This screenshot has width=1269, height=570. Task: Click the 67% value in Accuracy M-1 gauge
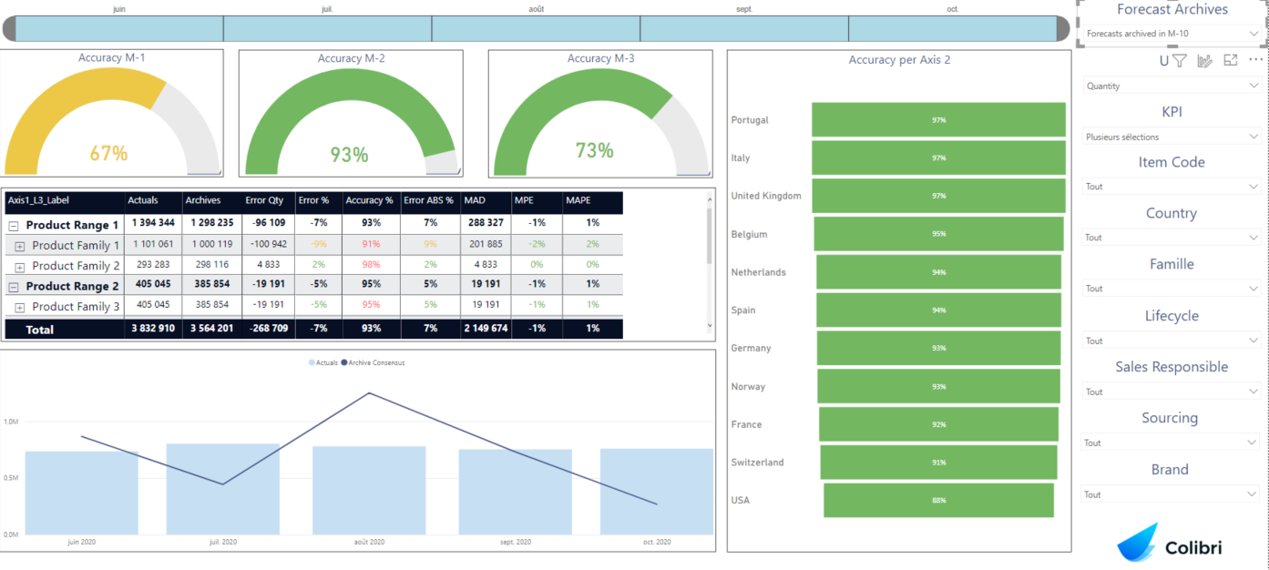click(108, 154)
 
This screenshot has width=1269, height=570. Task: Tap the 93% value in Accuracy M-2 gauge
click(348, 155)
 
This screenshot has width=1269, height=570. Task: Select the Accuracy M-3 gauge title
click(600, 58)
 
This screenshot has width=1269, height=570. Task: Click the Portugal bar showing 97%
click(938, 120)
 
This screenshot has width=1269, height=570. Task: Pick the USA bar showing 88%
click(938, 501)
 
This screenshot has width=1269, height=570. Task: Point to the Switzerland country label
click(757, 463)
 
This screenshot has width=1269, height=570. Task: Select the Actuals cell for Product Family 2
click(153, 265)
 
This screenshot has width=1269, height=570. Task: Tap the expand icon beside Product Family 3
click(20, 307)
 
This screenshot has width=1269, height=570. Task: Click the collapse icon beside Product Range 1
click(14, 225)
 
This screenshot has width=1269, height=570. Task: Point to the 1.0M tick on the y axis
click(11, 422)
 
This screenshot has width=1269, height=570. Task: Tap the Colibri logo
click(1170, 545)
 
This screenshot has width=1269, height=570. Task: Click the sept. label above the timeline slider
click(744, 9)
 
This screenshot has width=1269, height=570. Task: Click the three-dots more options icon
click(1255, 60)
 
